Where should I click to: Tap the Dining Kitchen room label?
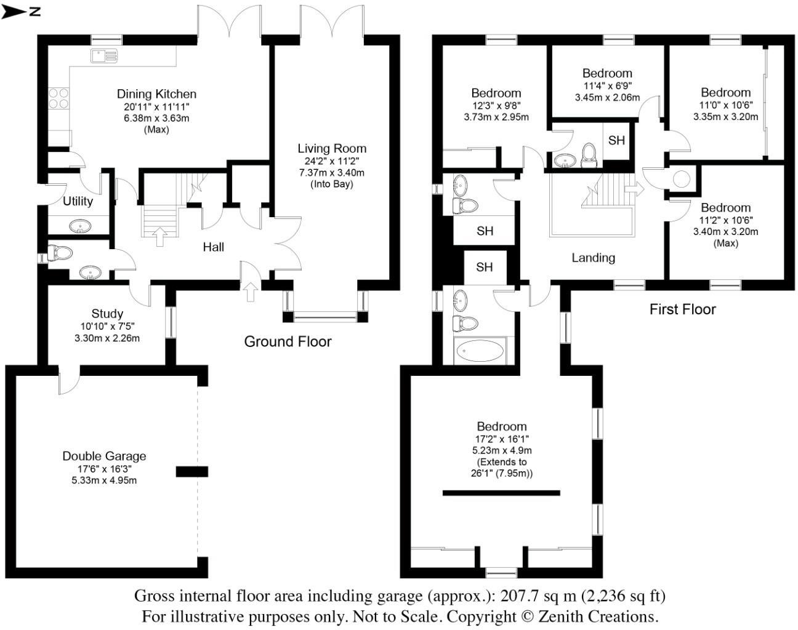click(156, 94)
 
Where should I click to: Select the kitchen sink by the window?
click(104, 56)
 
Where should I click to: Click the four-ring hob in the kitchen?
click(58, 98)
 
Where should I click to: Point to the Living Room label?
click(332, 148)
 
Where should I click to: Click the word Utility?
click(78, 201)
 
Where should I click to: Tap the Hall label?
click(214, 247)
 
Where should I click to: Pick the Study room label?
click(107, 314)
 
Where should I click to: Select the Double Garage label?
click(104, 456)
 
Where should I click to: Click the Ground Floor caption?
click(288, 341)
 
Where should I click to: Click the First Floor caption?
click(682, 309)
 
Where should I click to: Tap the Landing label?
click(593, 258)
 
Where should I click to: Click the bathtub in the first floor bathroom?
click(480, 351)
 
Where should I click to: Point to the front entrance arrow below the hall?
click(250, 291)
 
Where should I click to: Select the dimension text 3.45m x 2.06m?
click(607, 97)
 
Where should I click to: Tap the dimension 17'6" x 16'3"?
click(104, 469)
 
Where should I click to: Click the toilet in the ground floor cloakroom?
click(61, 253)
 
